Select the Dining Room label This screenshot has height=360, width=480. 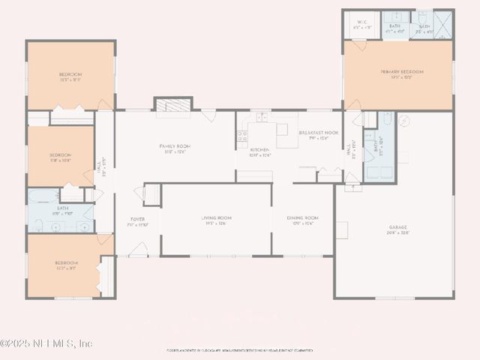pyautogui.click(x=302, y=220)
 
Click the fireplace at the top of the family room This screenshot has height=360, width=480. pyautogui.click(x=173, y=105)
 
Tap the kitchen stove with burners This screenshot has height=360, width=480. pyautogui.click(x=242, y=136)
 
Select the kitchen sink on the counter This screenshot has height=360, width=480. pyautogui.click(x=261, y=117)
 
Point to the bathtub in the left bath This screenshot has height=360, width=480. pyautogui.click(x=39, y=196)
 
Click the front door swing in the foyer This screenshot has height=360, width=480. pyautogui.click(x=138, y=250)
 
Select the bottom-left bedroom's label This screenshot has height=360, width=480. pyautogui.click(x=65, y=265)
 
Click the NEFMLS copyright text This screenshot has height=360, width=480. pyautogui.click(x=46, y=343)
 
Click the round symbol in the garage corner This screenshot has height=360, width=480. pyautogui.click(x=403, y=121)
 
